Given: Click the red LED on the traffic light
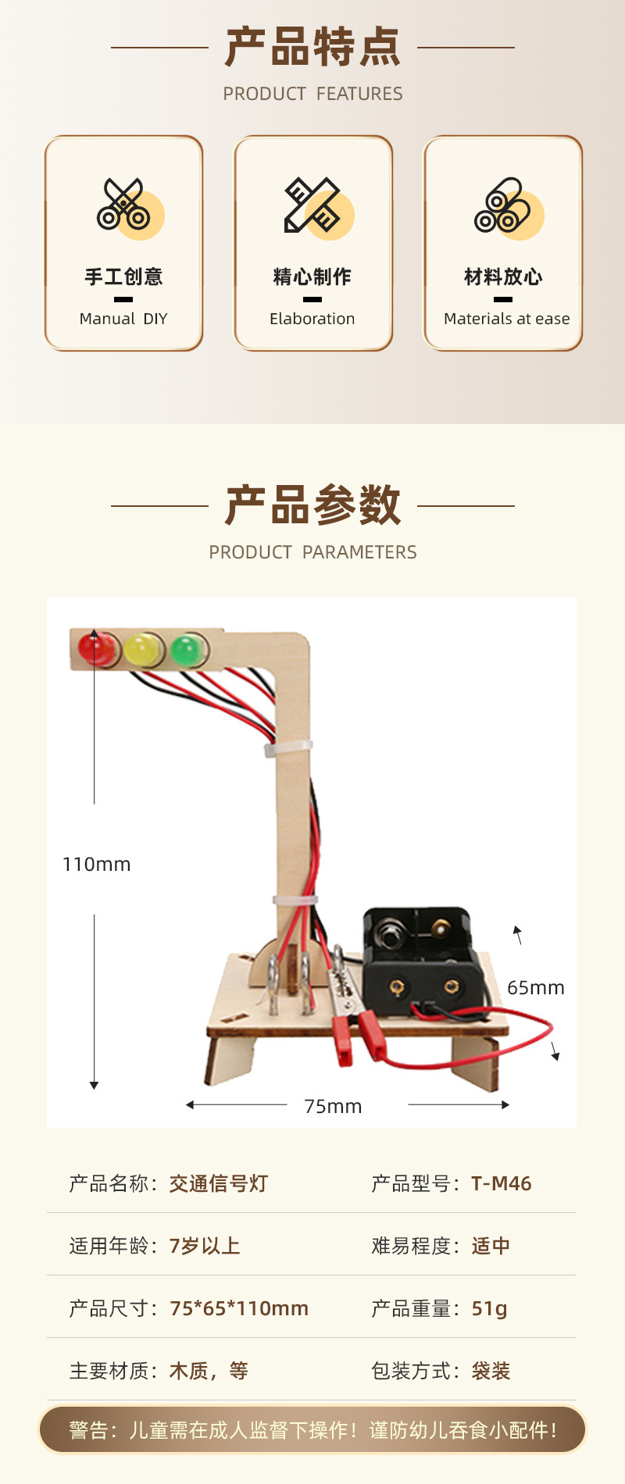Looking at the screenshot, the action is (x=98, y=648).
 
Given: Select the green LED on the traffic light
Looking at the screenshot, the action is (x=187, y=649).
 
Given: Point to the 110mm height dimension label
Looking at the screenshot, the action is (x=96, y=865).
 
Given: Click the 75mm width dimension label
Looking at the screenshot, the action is (x=333, y=1106).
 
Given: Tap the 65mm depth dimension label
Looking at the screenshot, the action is (x=535, y=988).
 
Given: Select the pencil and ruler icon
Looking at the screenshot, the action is (x=312, y=206).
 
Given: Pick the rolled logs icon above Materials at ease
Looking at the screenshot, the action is (x=502, y=206).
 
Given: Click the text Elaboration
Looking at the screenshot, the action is (x=312, y=319).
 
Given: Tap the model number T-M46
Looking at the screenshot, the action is (x=501, y=1183).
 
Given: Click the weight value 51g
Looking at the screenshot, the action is (x=489, y=1308).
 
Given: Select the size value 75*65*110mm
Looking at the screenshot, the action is (x=238, y=1308).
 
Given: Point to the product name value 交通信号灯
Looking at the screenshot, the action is (x=218, y=1183).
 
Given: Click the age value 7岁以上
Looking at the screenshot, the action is (x=204, y=1246).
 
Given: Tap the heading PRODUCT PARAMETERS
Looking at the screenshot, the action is (x=312, y=552).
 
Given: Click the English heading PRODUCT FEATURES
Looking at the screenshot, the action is (x=312, y=94).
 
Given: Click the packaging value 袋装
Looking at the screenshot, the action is (x=491, y=1371).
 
